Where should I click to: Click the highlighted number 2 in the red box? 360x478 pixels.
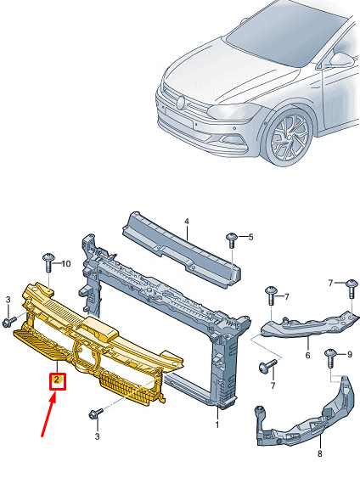[57, 380]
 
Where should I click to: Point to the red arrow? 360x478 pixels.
[48, 414]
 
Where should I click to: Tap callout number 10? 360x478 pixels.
[66, 264]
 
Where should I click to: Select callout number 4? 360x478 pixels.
[187, 222]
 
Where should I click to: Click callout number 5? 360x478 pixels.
[250, 237]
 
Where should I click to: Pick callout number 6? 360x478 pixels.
[307, 355]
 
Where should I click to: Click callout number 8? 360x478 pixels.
[319, 453]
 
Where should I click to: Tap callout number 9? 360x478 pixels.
[349, 354]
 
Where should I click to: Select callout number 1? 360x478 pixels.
[217, 424]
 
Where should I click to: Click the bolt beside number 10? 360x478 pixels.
[48, 261]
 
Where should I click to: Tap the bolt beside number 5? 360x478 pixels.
[232, 240]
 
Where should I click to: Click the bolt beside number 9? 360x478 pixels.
[330, 358]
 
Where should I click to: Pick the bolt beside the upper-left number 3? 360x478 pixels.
[8, 322]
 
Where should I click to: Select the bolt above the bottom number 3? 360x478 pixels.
[96, 414]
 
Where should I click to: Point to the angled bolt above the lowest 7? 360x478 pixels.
[268, 366]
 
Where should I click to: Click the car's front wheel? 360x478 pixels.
[288, 138]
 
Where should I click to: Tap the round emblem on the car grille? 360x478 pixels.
[181, 103]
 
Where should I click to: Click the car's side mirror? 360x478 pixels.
[341, 59]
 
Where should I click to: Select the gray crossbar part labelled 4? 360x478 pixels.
[182, 249]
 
